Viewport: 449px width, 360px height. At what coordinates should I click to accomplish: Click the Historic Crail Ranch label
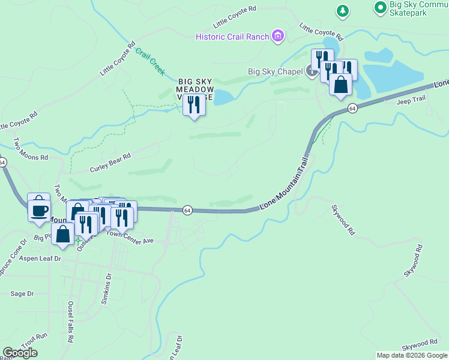click(x=232, y=37)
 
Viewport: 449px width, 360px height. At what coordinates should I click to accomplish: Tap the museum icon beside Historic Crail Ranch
click(x=277, y=37)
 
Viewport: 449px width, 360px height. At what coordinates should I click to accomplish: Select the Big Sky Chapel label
click(x=276, y=73)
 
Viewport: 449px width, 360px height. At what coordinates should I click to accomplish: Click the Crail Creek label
click(x=150, y=61)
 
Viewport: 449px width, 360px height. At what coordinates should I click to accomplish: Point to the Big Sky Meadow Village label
click(x=194, y=89)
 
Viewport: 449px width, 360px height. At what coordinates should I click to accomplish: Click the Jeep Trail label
click(x=411, y=101)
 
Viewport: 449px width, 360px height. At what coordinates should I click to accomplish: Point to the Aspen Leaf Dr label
click(x=40, y=258)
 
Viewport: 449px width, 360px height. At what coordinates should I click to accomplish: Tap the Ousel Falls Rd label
click(x=71, y=321)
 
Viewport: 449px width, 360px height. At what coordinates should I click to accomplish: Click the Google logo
click(x=20, y=353)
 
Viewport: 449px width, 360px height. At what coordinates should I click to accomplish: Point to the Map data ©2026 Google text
click(x=411, y=355)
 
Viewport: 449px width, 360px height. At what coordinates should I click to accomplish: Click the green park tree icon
click(x=343, y=10)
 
